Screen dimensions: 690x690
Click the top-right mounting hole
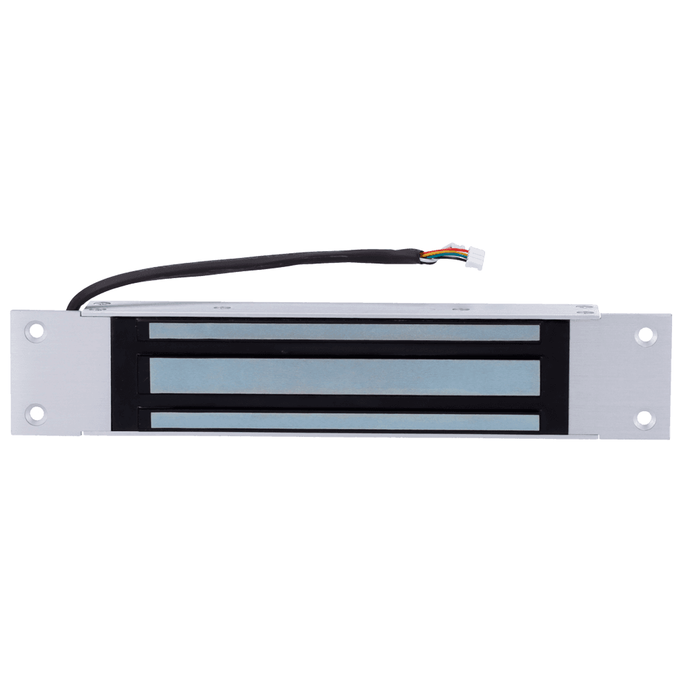645,335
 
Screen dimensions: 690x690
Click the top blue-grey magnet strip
344,332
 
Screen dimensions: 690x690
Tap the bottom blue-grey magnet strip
344,420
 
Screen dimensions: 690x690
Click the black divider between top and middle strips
344,348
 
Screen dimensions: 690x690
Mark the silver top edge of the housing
331,310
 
